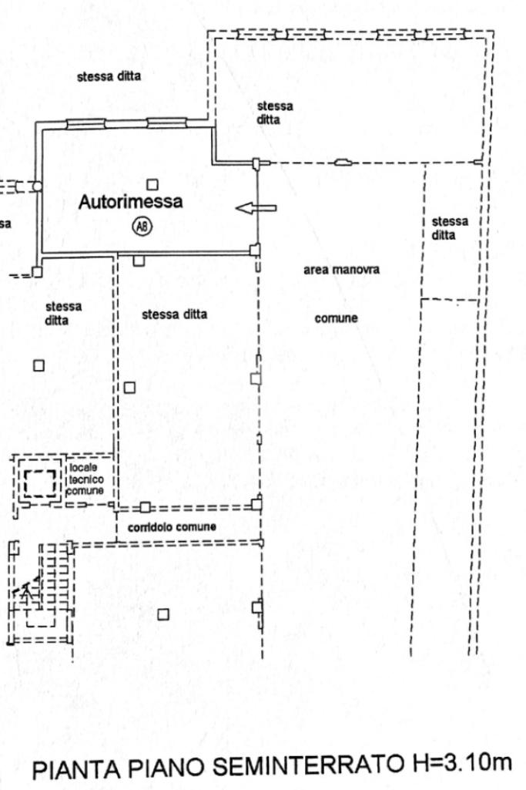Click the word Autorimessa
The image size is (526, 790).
(131, 203)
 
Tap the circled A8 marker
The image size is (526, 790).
(142, 226)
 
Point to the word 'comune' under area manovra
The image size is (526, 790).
(336, 318)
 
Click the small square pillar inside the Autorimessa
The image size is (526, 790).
(152, 184)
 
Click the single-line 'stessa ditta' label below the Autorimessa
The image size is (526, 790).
(174, 314)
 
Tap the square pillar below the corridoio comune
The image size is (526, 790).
(163, 614)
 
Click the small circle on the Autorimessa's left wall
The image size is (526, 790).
(36, 186)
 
